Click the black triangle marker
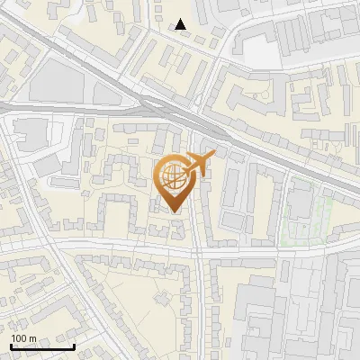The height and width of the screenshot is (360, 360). [x=182, y=25]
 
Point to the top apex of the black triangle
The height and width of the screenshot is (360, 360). [x=182, y=19]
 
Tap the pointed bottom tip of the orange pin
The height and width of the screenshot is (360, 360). [x=175, y=212]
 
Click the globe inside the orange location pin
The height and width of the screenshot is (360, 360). [x=172, y=175]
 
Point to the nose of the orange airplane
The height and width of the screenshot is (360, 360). [x=215, y=156]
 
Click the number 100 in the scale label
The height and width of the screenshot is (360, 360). [x=18, y=338]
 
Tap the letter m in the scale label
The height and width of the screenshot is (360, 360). [x=31, y=338]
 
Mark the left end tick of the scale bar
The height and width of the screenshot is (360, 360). [x=11, y=346]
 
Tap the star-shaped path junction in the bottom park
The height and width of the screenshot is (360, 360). [x=162, y=295]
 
